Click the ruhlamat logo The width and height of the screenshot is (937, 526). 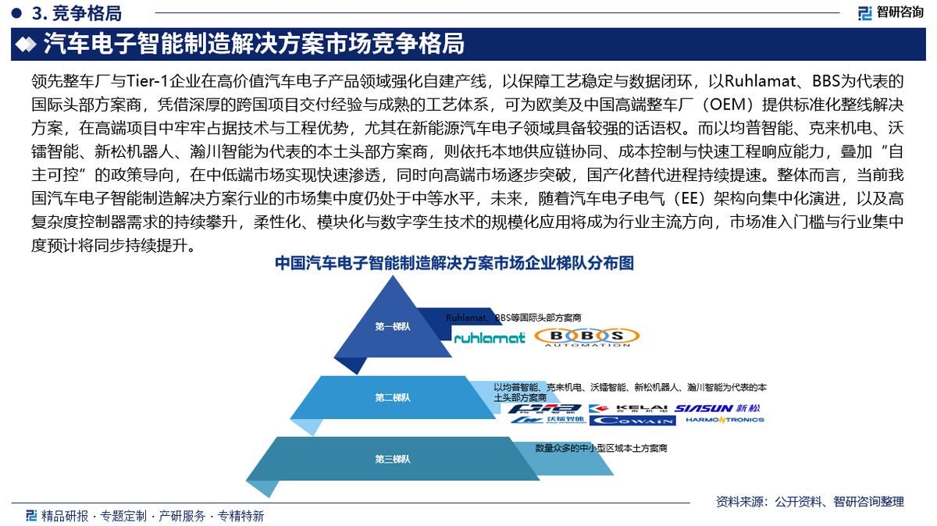click(490, 338)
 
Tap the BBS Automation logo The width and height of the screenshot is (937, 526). click(587, 337)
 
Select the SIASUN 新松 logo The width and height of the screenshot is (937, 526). click(717, 408)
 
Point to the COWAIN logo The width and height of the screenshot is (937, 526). click(632, 421)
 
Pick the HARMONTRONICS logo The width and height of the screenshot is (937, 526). click(724, 421)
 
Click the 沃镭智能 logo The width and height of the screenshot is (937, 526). click(549, 421)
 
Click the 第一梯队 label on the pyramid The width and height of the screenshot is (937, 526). click(393, 326)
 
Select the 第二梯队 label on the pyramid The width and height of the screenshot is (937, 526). click(393, 397)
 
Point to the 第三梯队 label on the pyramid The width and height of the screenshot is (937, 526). click(393, 458)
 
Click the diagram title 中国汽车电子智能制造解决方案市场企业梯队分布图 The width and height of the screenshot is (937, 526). click(454, 264)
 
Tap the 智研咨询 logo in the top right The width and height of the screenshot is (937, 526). click(889, 12)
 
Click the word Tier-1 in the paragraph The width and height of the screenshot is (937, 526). click(151, 80)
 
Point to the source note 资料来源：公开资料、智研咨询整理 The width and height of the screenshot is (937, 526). click(810, 501)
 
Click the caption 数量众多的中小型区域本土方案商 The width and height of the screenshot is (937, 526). click(600, 449)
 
